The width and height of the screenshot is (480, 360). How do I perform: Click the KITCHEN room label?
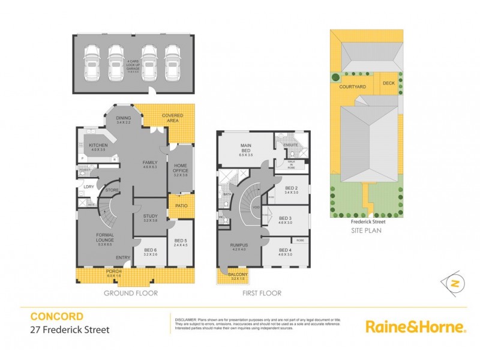(x=98, y=145)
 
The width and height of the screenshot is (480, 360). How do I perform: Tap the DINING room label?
(x=124, y=119)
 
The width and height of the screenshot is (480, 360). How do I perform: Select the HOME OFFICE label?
(x=181, y=169)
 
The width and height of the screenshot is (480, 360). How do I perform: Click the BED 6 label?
(x=150, y=251)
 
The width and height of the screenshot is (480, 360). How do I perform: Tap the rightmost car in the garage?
(x=173, y=62)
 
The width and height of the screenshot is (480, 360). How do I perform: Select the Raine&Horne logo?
(x=415, y=326)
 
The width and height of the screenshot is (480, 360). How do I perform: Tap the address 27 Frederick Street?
(x=70, y=329)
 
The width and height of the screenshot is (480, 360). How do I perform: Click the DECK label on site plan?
(x=388, y=84)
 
